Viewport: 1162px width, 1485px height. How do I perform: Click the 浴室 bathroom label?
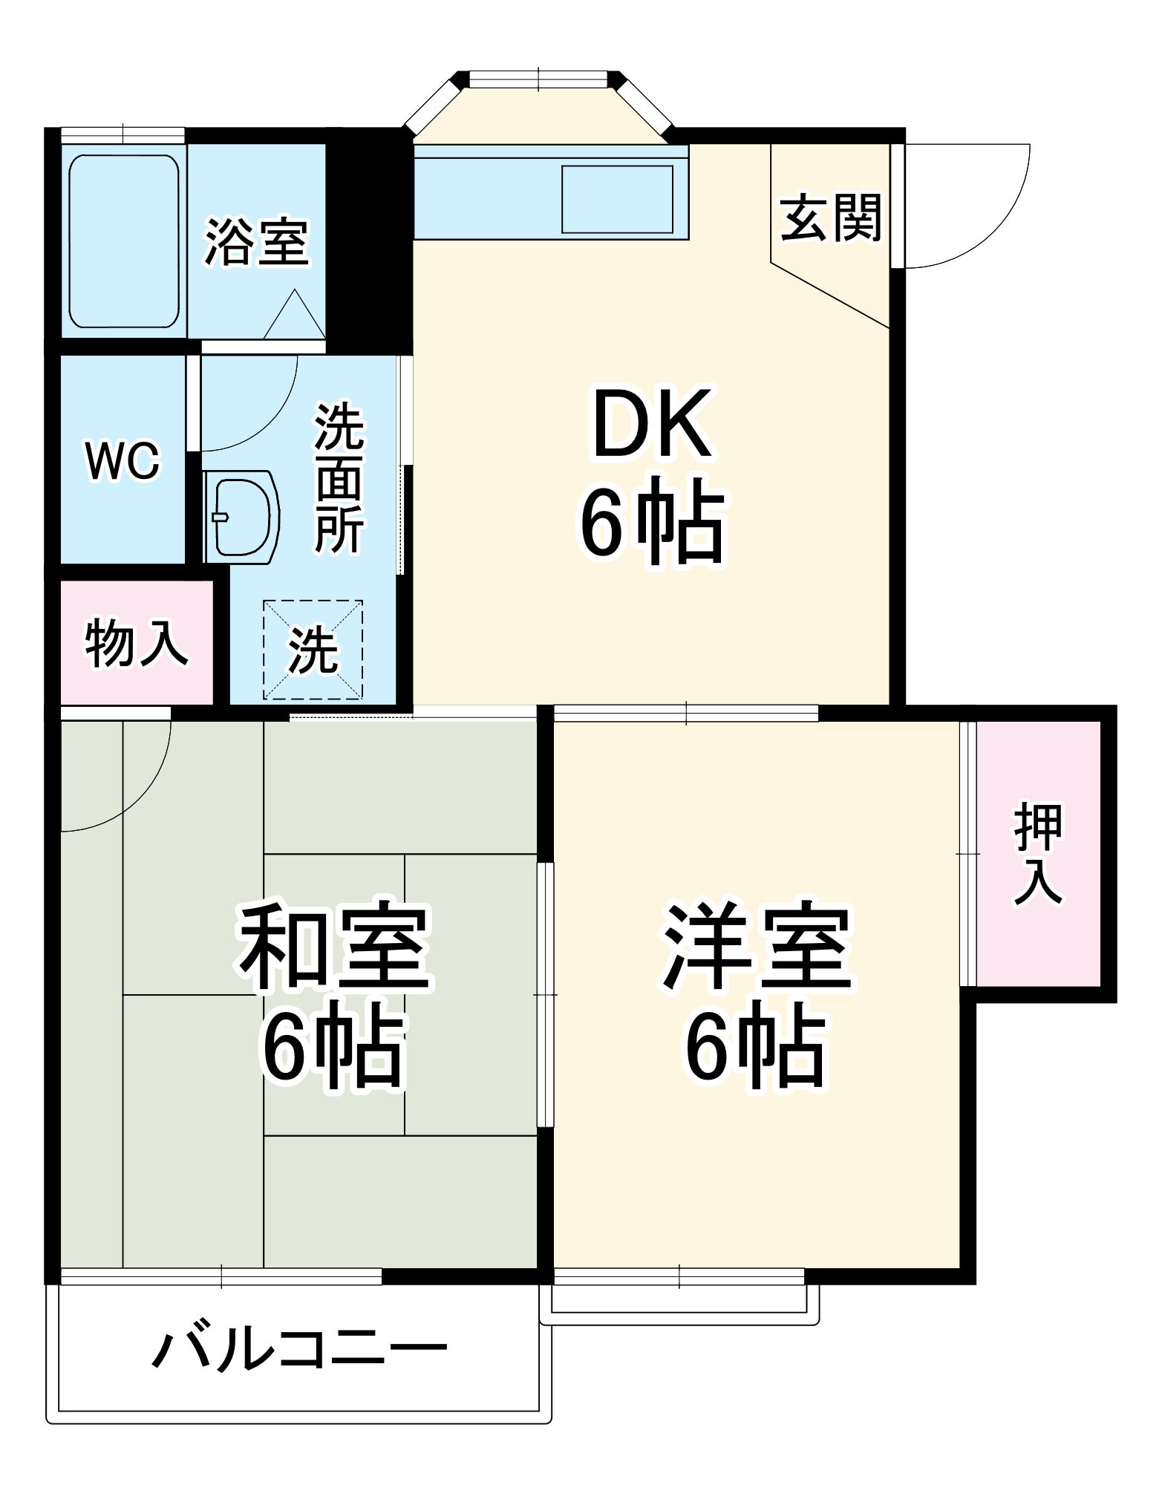(256, 242)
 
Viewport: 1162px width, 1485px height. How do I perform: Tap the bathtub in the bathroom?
(124, 242)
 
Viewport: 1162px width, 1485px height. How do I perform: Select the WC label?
(123, 461)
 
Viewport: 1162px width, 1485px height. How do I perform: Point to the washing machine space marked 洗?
(313, 650)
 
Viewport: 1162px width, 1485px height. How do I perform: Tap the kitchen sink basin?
(617, 200)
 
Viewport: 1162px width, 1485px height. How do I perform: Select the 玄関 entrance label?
(831, 218)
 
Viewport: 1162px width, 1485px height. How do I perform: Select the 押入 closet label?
(1039, 854)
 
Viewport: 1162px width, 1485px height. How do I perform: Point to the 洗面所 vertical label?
(340, 478)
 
